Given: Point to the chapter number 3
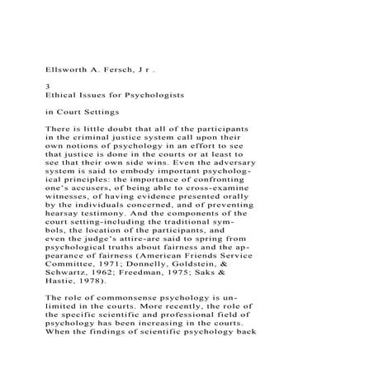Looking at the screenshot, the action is [x=47, y=85].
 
